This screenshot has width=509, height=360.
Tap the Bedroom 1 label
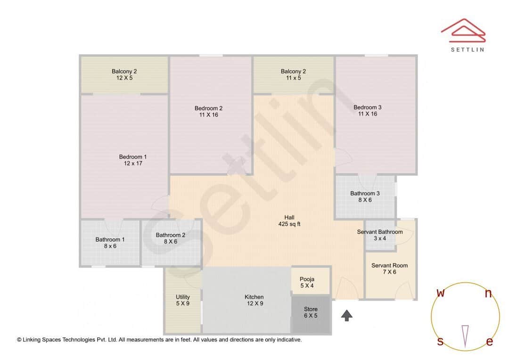tap(133, 157)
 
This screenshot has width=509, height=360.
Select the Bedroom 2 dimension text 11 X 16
tap(208, 115)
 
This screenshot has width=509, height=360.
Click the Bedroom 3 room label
tap(368, 107)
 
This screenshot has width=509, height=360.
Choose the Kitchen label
tap(254, 297)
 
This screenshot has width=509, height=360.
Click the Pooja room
tap(307, 282)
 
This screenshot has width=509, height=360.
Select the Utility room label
tap(182, 297)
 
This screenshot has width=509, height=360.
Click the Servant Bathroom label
tap(380, 232)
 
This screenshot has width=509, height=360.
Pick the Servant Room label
tap(389, 266)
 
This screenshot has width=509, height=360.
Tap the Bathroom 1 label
tap(110, 239)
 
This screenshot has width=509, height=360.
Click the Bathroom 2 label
tap(171, 235)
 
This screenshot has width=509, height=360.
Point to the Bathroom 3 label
tap(365, 193)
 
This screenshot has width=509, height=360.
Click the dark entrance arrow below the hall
tap(347, 315)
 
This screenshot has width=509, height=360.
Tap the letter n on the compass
tap(488, 294)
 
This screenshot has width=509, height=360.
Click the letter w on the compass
tap(441, 293)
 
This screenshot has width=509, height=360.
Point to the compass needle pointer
tap(465, 335)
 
